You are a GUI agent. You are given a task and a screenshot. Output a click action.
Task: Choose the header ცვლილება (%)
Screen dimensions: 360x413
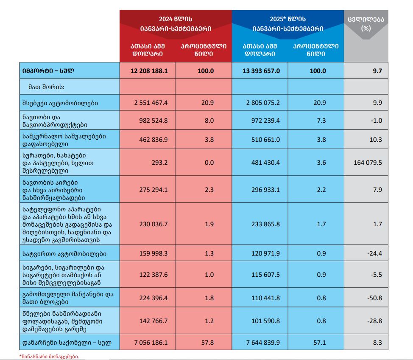[366, 23]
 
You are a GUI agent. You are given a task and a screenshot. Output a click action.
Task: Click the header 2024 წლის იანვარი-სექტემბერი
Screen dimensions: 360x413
[176, 24]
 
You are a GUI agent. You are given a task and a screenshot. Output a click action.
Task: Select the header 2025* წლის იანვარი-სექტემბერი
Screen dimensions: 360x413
[287, 24]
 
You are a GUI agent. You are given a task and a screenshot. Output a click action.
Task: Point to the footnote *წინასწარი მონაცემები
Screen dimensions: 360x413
[49, 356]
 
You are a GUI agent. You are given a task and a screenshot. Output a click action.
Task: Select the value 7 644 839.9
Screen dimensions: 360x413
[262, 341]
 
